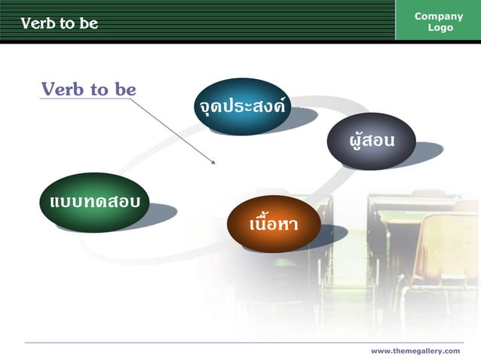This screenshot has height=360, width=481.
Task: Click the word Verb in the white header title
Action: click(38, 23)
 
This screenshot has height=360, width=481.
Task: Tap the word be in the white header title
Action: click(89, 23)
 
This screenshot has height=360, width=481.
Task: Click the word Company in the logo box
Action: click(439, 17)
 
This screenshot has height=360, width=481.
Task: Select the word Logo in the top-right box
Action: click(440, 28)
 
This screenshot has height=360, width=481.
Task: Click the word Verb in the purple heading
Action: click(64, 90)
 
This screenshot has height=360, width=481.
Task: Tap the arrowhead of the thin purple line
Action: click(214, 161)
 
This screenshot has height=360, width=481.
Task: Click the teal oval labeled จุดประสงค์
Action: click(240, 106)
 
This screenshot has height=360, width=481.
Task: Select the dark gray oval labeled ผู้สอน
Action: click(371, 141)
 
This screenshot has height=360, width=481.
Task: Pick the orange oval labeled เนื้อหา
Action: click(274, 224)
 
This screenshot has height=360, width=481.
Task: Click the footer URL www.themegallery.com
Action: click(415, 351)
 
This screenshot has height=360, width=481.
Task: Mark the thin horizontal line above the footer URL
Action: click(241, 343)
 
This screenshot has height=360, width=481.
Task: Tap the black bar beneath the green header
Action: click(240, 42)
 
